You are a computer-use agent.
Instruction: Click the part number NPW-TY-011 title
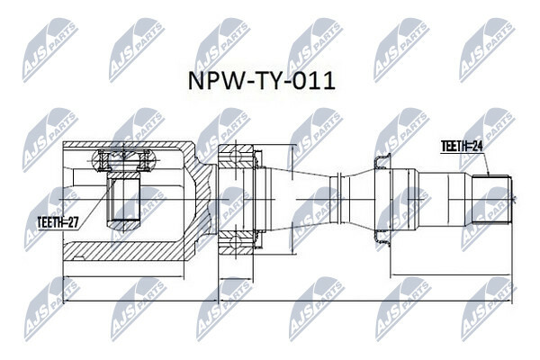[261, 82]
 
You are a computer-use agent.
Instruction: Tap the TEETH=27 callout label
[58, 223]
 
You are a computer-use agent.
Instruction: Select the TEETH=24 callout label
[463, 147]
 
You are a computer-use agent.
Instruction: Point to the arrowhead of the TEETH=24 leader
[488, 174]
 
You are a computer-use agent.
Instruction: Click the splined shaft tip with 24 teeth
[491, 199]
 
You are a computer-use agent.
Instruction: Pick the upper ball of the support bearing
[236, 156]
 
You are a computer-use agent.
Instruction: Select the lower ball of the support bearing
[236, 242]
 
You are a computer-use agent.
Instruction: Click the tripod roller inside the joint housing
[124, 160]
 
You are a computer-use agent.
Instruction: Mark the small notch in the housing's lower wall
[79, 257]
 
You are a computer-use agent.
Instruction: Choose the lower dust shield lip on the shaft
[383, 238]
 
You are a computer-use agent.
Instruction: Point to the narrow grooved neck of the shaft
[337, 199]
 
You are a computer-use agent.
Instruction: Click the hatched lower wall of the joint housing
[124, 251]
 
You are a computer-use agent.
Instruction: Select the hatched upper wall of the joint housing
[124, 146]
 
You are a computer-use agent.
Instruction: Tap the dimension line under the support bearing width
[236, 278]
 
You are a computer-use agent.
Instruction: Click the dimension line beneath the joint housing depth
[124, 276]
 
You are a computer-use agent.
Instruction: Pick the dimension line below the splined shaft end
[451, 274]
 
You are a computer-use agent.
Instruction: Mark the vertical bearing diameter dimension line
[292, 199]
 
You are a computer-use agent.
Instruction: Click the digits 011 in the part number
[315, 82]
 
